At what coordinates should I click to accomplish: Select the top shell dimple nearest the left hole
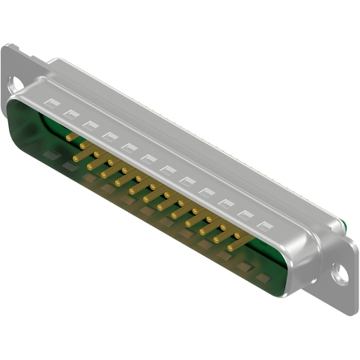[52, 103]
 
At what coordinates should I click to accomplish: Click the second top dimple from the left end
[71, 114]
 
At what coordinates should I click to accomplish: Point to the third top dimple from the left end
[89, 124]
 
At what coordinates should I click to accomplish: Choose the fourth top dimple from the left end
[109, 136]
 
